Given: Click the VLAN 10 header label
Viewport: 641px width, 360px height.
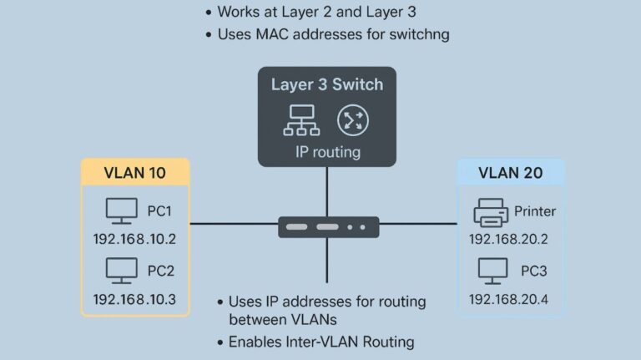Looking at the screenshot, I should tap(134, 174).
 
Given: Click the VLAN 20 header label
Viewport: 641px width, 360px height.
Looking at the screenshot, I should tap(510, 174).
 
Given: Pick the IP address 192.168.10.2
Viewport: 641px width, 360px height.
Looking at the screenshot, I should tap(134, 239).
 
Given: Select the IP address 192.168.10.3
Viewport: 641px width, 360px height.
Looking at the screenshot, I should tap(134, 298).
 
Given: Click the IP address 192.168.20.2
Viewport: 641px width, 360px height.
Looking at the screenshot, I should tap(510, 239).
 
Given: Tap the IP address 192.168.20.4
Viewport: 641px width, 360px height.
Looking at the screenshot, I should tap(510, 298).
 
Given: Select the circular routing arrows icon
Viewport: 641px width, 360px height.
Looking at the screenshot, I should tap(351, 120).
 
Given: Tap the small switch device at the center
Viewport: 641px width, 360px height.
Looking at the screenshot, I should tap(328, 226).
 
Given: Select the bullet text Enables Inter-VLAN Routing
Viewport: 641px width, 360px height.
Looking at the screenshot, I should tap(321, 342).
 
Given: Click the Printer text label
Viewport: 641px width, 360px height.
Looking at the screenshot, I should tap(535, 211).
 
